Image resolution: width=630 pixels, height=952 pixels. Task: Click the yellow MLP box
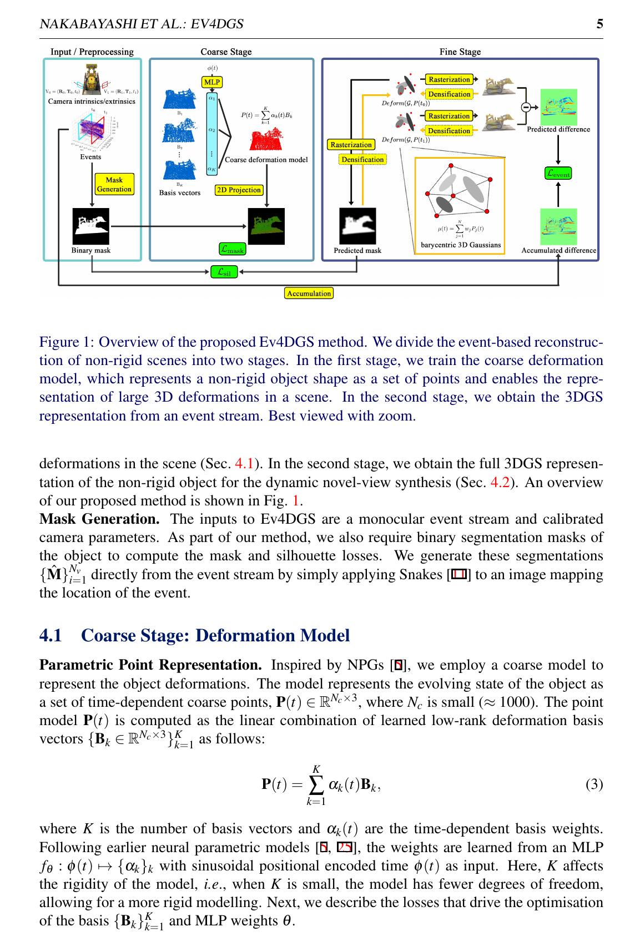point(211,82)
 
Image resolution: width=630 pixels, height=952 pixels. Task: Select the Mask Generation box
point(114,184)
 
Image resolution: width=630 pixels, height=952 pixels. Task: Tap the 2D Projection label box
point(239,190)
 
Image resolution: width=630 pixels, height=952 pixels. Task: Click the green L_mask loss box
point(232,250)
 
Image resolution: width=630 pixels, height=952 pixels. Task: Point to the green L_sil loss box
point(224,272)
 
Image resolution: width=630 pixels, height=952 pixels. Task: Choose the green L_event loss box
point(558,173)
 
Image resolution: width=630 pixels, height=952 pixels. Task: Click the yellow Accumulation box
point(309,293)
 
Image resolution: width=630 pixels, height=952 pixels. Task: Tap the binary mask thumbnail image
point(91,226)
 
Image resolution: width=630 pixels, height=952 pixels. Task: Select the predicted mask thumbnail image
point(357,226)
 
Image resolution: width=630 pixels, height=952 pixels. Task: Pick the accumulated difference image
point(558,226)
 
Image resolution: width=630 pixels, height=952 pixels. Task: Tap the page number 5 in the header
point(599,24)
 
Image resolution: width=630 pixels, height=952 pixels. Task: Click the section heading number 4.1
point(51,635)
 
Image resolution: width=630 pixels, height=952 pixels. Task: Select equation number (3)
point(594,784)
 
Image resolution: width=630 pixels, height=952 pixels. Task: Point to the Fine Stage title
point(460,52)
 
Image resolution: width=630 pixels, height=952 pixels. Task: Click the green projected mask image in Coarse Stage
point(266,226)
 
